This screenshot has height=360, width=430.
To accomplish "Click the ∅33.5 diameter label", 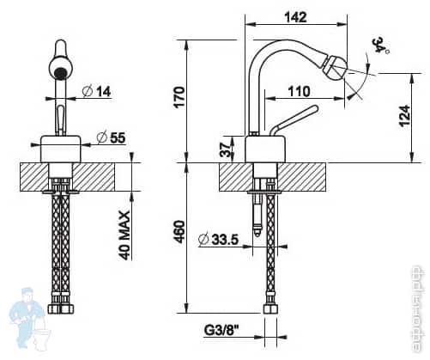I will [219, 239].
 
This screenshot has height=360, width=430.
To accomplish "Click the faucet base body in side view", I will [260, 149].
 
